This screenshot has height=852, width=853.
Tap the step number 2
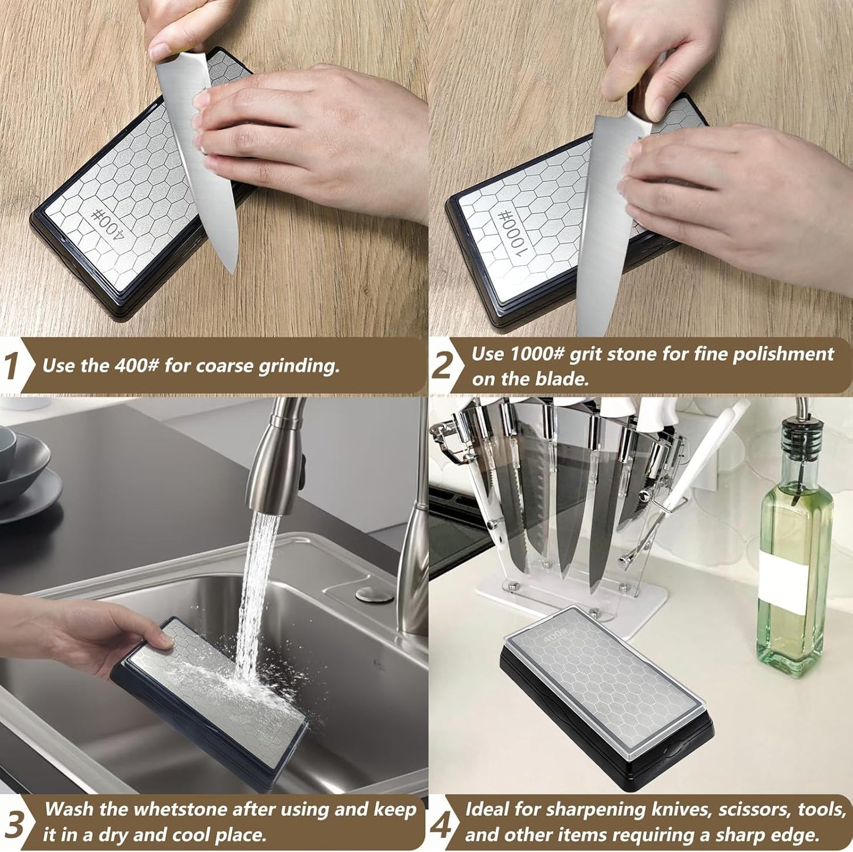[x=442, y=365]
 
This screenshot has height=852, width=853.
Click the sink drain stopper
[x=374, y=593]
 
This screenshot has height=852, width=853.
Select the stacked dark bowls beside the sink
[x=24, y=472]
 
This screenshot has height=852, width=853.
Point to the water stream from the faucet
[x=254, y=590]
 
